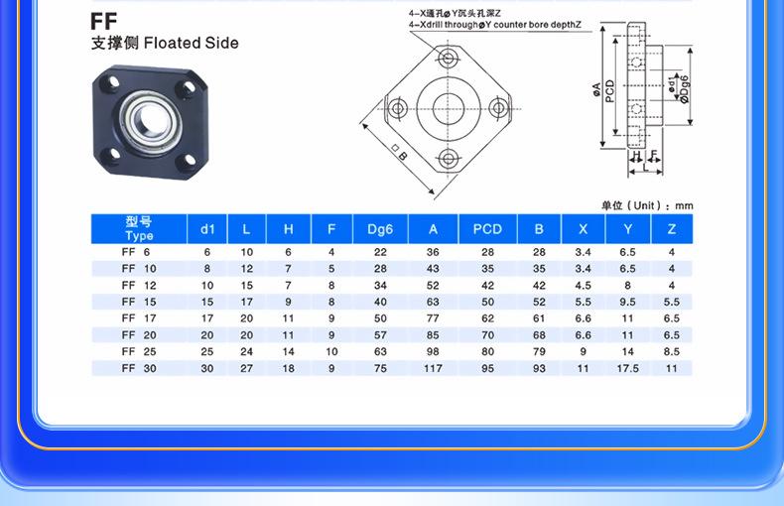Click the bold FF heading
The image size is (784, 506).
(103, 22)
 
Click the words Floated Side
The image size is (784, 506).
(191, 43)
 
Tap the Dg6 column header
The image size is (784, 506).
(380, 229)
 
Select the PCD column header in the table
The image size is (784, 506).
(487, 229)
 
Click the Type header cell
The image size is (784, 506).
(139, 229)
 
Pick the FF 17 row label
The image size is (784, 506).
(139, 318)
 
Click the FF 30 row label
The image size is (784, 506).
(139, 368)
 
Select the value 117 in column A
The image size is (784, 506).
(433, 368)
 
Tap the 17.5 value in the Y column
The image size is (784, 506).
(627, 368)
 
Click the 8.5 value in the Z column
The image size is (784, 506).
(672, 351)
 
